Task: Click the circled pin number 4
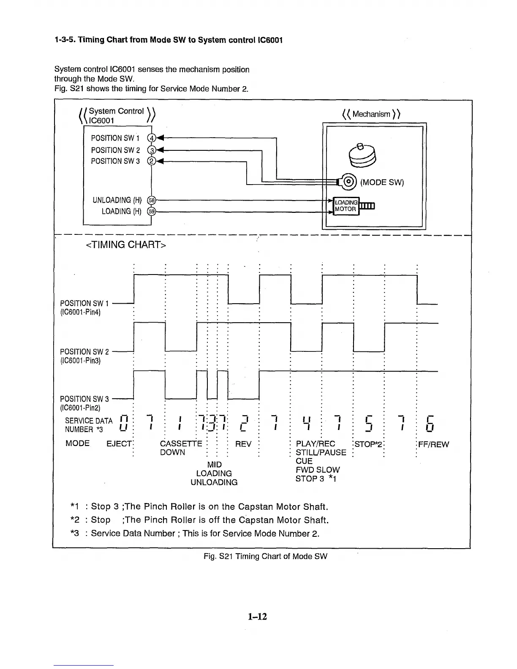(x=151, y=138)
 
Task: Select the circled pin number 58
(x=150, y=200)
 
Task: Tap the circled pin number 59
(x=150, y=211)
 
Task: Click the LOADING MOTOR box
(x=346, y=206)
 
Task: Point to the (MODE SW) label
(x=382, y=182)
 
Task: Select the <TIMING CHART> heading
(x=126, y=245)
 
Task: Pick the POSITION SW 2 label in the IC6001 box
(x=115, y=150)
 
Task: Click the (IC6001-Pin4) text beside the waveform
(x=80, y=312)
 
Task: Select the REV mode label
(x=243, y=444)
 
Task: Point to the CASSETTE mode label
(x=181, y=444)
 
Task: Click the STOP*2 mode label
(x=369, y=444)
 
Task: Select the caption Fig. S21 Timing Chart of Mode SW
(x=265, y=556)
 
